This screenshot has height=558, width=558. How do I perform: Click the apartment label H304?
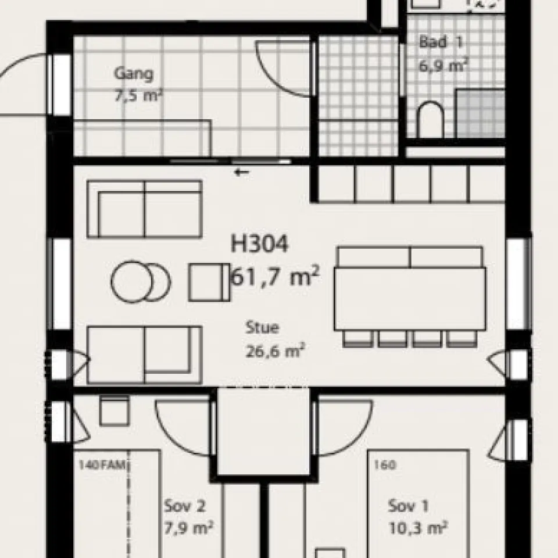click(x=259, y=245)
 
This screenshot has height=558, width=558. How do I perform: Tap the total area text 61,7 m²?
click(x=275, y=278)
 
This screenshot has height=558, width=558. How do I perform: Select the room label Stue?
click(x=262, y=328)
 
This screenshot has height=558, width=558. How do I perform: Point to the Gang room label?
click(x=134, y=74)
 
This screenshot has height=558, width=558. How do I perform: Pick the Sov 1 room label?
click(x=409, y=506)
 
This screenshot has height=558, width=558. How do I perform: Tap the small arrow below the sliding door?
click(x=242, y=172)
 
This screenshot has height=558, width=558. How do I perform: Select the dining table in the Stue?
click(x=410, y=298)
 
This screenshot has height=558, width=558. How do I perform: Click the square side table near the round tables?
click(x=209, y=282)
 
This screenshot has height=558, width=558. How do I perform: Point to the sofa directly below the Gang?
click(x=144, y=209)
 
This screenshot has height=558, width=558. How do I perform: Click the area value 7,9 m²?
click(x=188, y=528)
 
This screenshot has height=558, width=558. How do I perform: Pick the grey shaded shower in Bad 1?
click(x=480, y=113)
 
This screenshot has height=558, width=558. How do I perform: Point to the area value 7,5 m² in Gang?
click(x=138, y=95)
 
